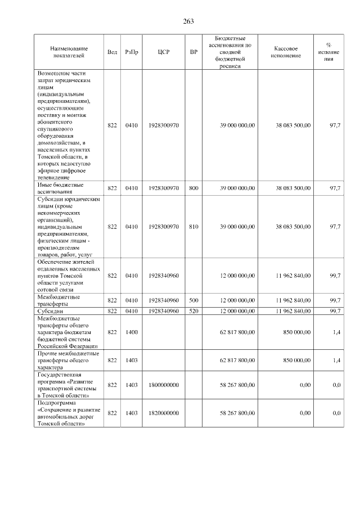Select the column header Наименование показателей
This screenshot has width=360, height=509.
coord(68,52)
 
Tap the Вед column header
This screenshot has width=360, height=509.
coord(112,52)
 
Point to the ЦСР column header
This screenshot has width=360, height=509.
coord(164,52)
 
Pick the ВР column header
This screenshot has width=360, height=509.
coord(194,52)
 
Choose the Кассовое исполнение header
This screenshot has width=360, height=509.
coord(286,52)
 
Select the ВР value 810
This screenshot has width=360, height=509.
coord(194,227)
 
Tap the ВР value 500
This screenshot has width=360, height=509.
coord(194,300)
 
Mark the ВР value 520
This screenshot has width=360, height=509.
coord(194,311)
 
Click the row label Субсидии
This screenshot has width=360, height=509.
coord(50,311)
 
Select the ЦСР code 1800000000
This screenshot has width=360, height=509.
coord(164,385)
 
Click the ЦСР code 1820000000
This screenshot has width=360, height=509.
coord(164,413)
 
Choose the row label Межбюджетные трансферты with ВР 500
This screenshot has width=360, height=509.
coord(58,300)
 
